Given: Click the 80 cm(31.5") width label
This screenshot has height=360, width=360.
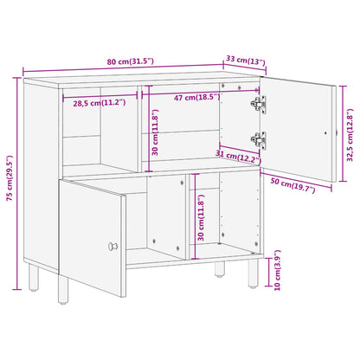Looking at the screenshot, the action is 131,61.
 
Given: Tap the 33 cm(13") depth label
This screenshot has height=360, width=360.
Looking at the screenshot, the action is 245,61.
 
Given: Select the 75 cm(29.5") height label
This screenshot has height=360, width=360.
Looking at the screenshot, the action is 10,178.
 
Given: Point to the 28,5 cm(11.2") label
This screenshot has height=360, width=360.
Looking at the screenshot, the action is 100,103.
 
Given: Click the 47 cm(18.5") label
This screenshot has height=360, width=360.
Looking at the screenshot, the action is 197,97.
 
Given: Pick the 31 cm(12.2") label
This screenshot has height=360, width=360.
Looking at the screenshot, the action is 238,156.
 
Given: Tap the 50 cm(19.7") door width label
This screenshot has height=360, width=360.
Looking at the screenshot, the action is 292,185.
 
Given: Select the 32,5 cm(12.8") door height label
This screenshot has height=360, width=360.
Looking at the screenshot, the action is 350,135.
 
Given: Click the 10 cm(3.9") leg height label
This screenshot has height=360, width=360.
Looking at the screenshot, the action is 277,270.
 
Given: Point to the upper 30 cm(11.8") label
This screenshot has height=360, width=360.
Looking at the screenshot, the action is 155,132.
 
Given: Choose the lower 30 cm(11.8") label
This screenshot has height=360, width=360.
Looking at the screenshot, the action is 201,217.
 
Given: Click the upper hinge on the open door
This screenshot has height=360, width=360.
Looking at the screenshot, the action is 259,104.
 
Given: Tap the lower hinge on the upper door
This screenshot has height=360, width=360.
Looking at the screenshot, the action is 259,140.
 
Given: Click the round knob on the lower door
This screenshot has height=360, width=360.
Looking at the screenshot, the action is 112,247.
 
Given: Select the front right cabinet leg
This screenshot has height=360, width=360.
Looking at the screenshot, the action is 254,273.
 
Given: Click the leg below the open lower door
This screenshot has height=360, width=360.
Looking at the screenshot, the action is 63,289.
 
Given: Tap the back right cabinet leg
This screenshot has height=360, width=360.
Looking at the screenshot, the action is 220,269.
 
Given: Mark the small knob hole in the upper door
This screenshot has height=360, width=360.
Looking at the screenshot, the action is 325,133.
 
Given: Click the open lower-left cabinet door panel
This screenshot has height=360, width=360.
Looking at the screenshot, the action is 93,237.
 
